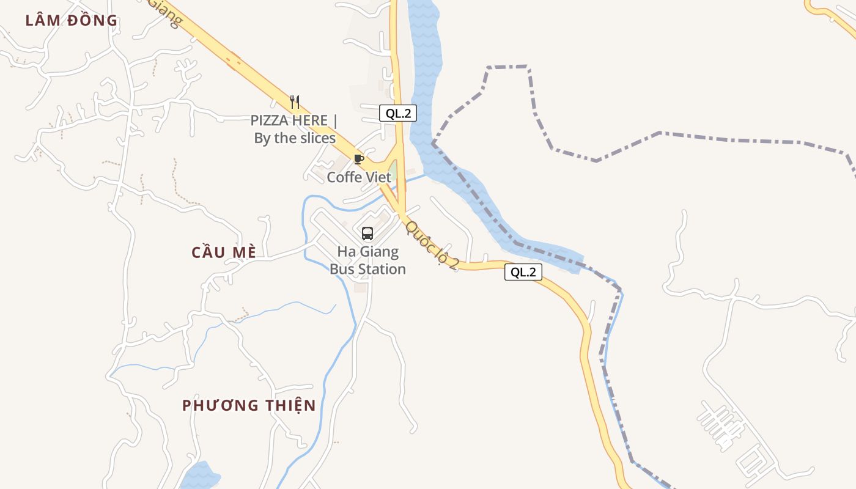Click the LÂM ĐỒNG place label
(x=72, y=20)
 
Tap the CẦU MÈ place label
(x=223, y=252)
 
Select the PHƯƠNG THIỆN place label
(x=249, y=405)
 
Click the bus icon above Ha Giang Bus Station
(x=367, y=233)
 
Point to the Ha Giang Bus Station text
(x=367, y=260)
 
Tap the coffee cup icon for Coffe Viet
(x=359, y=160)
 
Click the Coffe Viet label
(x=359, y=177)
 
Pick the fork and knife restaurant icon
(x=295, y=101)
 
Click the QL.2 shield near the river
(x=397, y=113)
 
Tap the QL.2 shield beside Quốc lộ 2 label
(x=523, y=272)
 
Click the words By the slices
(x=295, y=138)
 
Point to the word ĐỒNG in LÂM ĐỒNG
(x=92, y=20)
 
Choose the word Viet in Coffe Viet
(x=378, y=177)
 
